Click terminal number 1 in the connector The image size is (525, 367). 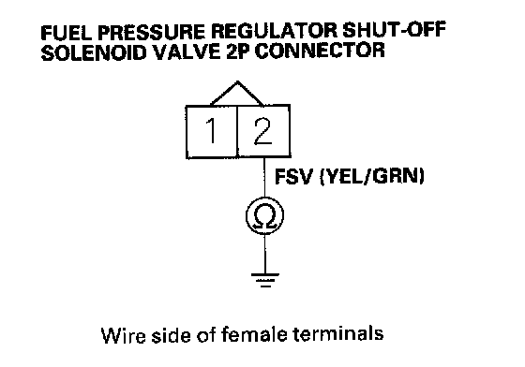[x=211, y=131]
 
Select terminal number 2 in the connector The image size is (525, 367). [x=262, y=131]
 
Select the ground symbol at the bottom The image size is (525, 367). [x=265, y=280]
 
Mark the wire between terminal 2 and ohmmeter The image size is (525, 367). [x=264, y=178]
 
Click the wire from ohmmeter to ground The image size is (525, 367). [x=265, y=254]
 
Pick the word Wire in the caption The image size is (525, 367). [x=123, y=335]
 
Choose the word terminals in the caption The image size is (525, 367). [x=338, y=333]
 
